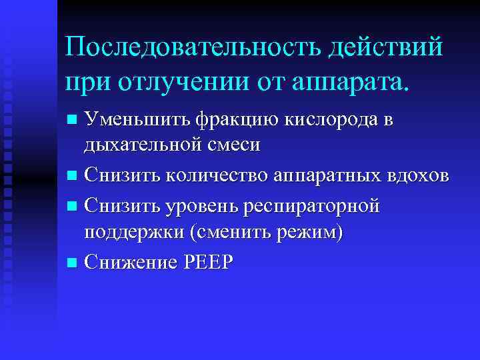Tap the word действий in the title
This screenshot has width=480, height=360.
[388, 48]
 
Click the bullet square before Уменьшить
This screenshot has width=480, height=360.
[73, 121]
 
